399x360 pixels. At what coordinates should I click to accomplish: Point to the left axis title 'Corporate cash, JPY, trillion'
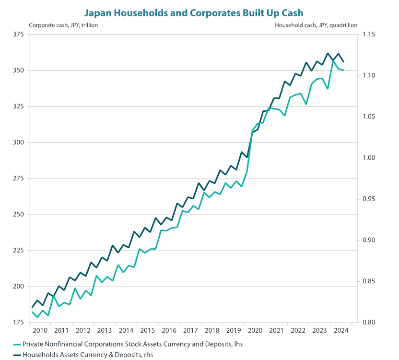click(x=64, y=25)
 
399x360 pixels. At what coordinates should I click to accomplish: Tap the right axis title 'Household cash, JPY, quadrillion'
click(x=316, y=25)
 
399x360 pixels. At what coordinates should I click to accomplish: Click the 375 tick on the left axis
click(x=19, y=35)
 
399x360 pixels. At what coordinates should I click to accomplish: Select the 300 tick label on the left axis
click(x=19, y=143)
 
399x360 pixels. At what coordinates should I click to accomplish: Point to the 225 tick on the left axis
click(x=19, y=251)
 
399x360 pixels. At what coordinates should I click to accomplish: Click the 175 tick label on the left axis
click(x=19, y=323)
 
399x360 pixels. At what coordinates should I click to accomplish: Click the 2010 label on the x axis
click(x=40, y=330)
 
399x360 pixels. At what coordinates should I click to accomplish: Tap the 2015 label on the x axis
click(x=148, y=330)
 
